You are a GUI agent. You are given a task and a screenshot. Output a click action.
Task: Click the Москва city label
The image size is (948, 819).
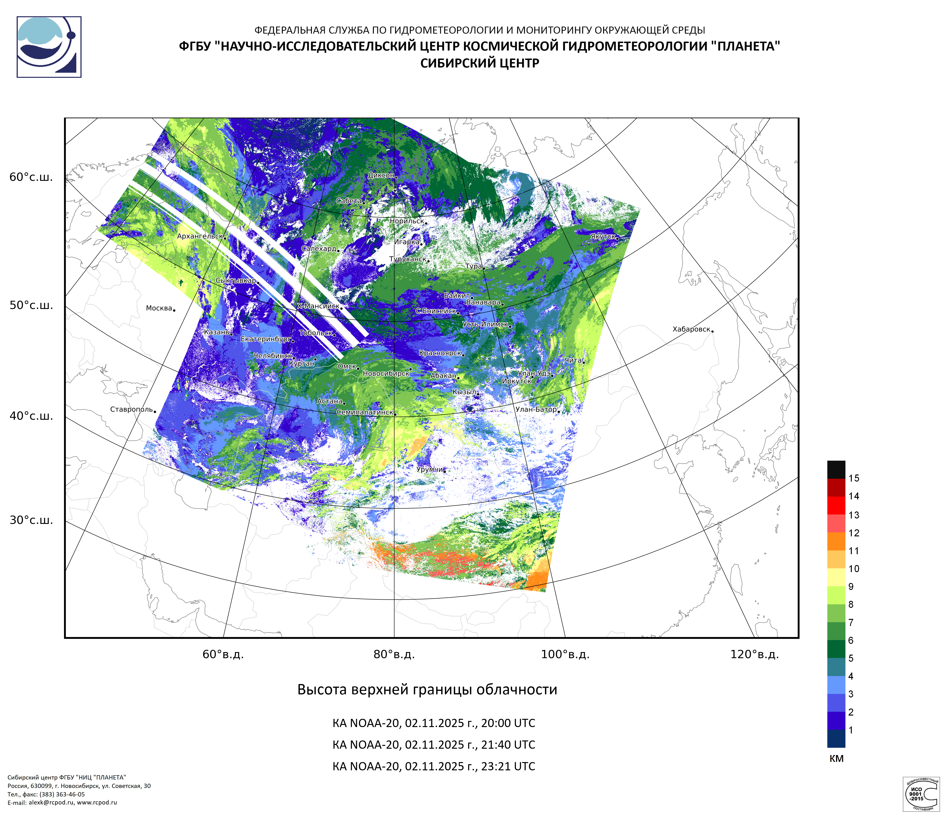pyautogui.click(x=159, y=308)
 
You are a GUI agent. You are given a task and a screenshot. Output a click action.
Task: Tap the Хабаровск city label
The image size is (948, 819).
pyautogui.click(x=691, y=329)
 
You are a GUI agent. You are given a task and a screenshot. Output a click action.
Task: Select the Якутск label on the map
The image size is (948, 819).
pyautogui.click(x=603, y=236)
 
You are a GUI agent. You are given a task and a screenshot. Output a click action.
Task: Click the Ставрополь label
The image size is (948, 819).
pyautogui.click(x=131, y=409)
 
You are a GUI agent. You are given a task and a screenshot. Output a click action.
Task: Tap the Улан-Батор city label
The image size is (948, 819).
pyautogui.click(x=536, y=409)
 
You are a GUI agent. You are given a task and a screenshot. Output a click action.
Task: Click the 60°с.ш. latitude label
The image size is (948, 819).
pyautogui.click(x=31, y=178)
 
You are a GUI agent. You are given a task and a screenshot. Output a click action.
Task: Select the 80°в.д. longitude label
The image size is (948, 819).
pyautogui.click(x=394, y=654)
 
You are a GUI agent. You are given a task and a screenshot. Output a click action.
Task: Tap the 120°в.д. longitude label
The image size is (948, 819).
pyautogui.click(x=754, y=654)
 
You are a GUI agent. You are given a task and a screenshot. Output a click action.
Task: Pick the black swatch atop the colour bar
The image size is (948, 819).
pyautogui.click(x=836, y=470)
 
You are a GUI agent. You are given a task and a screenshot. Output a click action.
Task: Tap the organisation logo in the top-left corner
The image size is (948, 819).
pyautogui.click(x=49, y=47)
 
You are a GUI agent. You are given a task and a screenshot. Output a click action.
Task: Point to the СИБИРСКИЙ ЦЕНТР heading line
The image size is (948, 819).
pyautogui.click(x=479, y=63)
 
